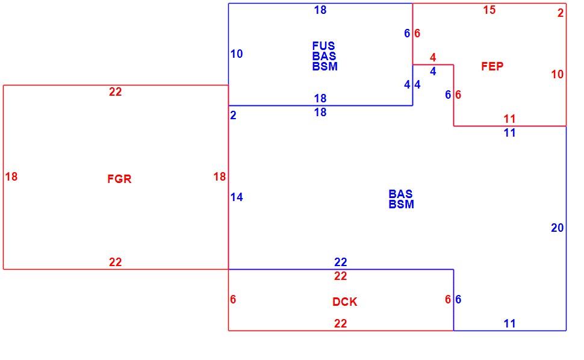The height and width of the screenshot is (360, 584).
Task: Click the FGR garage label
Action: (x=119, y=179)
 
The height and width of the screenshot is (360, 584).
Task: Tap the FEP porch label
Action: (x=492, y=66)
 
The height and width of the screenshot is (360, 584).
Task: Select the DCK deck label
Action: (x=344, y=302)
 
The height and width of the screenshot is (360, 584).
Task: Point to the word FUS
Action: (x=323, y=46)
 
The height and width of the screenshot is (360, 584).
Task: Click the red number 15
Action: (x=489, y=10)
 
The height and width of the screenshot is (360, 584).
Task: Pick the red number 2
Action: (x=561, y=13)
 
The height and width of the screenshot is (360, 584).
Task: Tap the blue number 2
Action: (x=233, y=116)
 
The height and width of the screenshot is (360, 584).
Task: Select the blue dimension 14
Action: (x=237, y=197)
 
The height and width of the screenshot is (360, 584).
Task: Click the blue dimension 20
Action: (x=557, y=228)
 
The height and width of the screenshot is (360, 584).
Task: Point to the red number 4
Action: (x=433, y=57)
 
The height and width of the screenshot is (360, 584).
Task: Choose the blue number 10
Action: (x=237, y=54)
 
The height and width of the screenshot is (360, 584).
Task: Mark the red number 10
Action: (x=557, y=75)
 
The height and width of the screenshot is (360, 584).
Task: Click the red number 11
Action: (x=509, y=119)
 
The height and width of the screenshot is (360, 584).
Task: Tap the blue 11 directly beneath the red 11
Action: (x=509, y=133)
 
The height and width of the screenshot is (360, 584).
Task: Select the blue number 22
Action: (x=340, y=262)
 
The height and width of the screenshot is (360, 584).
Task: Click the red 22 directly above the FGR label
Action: (x=115, y=92)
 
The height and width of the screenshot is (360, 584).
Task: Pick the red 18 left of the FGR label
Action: (x=11, y=176)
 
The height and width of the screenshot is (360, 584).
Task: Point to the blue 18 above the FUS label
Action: (x=320, y=10)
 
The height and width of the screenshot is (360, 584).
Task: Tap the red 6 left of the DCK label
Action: (x=233, y=299)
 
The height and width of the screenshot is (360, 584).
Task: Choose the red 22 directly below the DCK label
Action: (x=340, y=323)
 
